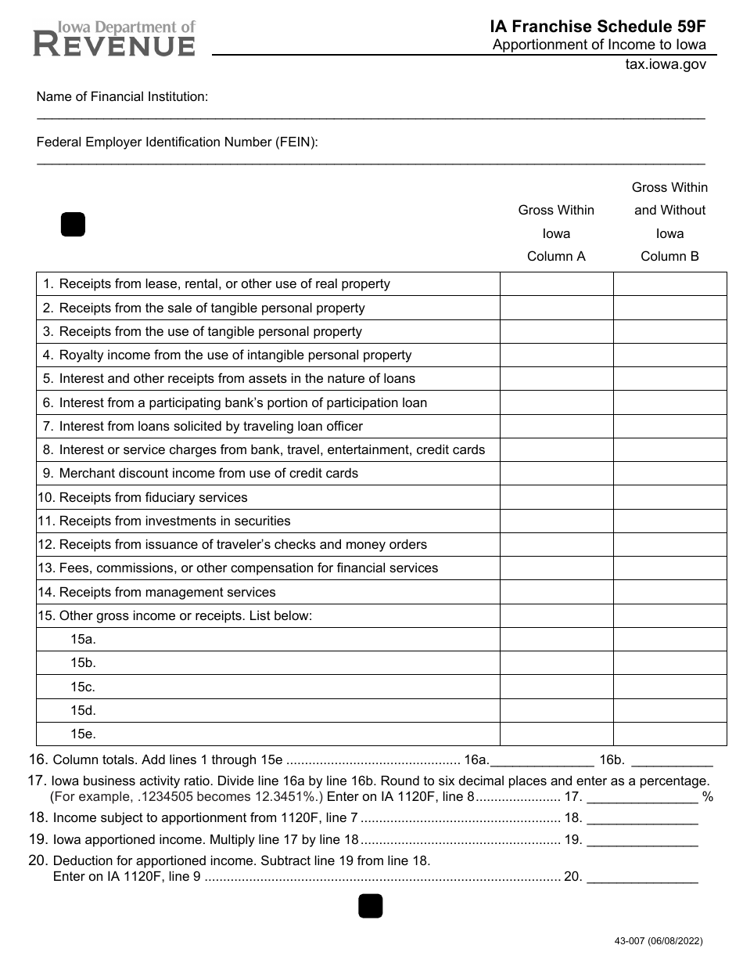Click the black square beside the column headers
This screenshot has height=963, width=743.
tap(73, 225)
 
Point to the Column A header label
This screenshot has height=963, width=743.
tap(556, 256)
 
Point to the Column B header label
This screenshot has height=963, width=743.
tap(669, 256)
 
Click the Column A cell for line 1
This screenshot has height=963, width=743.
tap(556, 284)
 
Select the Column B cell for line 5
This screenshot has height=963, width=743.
tap(669, 379)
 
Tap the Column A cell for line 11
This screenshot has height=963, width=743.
tap(556, 521)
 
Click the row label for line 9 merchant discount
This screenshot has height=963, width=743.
tap(208, 474)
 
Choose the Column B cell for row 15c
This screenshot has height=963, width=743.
tap(669, 687)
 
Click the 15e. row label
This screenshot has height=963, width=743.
tap(83, 734)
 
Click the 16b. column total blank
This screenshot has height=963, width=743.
tap(671, 760)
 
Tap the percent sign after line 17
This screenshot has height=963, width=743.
tap(708, 798)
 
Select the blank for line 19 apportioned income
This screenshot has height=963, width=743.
tap(642, 841)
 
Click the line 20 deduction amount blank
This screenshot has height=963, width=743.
tap(642, 878)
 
